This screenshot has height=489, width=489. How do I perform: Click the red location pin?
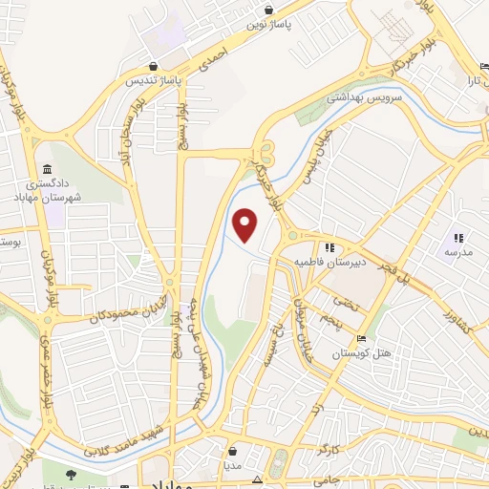pos(246,224)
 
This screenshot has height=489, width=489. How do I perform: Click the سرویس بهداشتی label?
pos(364,97)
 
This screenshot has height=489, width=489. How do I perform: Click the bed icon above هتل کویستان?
pos(360,339)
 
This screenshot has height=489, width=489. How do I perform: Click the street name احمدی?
pos(212,58)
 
